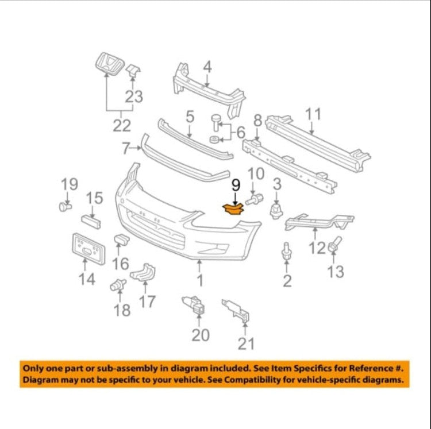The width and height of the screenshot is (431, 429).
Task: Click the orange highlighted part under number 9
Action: click(x=233, y=210)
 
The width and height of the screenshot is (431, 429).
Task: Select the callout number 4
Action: click(x=207, y=67)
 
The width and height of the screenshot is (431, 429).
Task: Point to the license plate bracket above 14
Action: click(x=88, y=249)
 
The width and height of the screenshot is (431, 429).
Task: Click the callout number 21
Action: click(x=246, y=343)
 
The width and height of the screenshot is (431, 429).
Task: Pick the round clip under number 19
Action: click(x=66, y=206)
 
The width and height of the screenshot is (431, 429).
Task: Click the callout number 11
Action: click(x=313, y=114)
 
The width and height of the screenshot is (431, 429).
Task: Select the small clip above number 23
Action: click(x=133, y=71)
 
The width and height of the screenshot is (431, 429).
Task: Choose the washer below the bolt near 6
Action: click(x=214, y=139)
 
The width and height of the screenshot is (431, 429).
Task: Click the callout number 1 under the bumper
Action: click(x=200, y=280)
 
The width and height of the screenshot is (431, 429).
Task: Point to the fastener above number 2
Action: click(x=286, y=251)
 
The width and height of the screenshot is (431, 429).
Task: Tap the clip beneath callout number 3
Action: click(x=276, y=211)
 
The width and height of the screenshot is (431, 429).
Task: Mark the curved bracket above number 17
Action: click(x=143, y=273)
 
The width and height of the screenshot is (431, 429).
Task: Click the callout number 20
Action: click(x=201, y=335)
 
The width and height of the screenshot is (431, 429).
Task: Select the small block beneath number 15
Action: click(x=91, y=222)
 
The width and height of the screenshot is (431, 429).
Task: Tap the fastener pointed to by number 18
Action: click(x=118, y=285)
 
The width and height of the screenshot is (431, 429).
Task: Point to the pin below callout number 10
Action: click(x=254, y=199)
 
